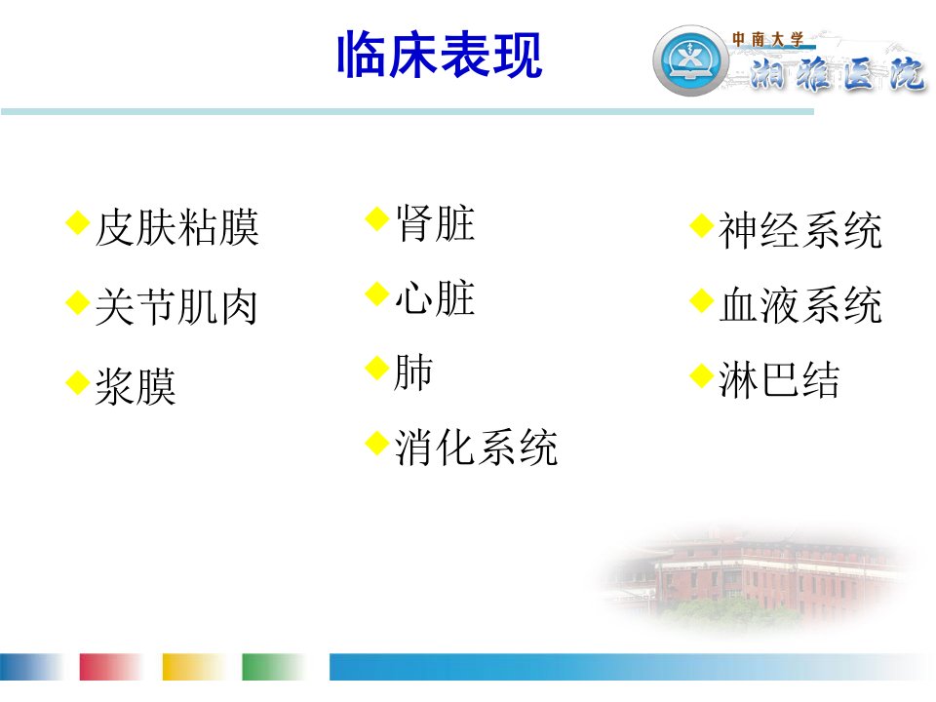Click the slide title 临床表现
pyautogui.click(x=440, y=55)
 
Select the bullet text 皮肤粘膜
pyautogui.click(x=176, y=227)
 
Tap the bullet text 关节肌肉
pyautogui.click(x=176, y=307)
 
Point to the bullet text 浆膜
pyautogui.click(x=136, y=386)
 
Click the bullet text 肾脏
pyautogui.click(x=435, y=223)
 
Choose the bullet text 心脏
pyautogui.click(x=435, y=298)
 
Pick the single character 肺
pyautogui.click(x=413, y=372)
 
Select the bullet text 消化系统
pyautogui.click(x=477, y=448)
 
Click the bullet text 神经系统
pyautogui.click(x=800, y=230)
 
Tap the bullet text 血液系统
pyautogui.click(x=800, y=305)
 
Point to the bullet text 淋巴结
pyautogui.click(x=780, y=379)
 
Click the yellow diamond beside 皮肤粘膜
pyautogui.click(x=78, y=222)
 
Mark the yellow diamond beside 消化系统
pyautogui.click(x=376, y=443)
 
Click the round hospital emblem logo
pyautogui.click(x=690, y=60)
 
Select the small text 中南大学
pyautogui.click(x=768, y=39)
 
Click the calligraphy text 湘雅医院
pyautogui.click(x=837, y=75)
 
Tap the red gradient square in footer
pyautogui.click(x=110, y=666)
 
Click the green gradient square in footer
pyautogui.click(x=273, y=666)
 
